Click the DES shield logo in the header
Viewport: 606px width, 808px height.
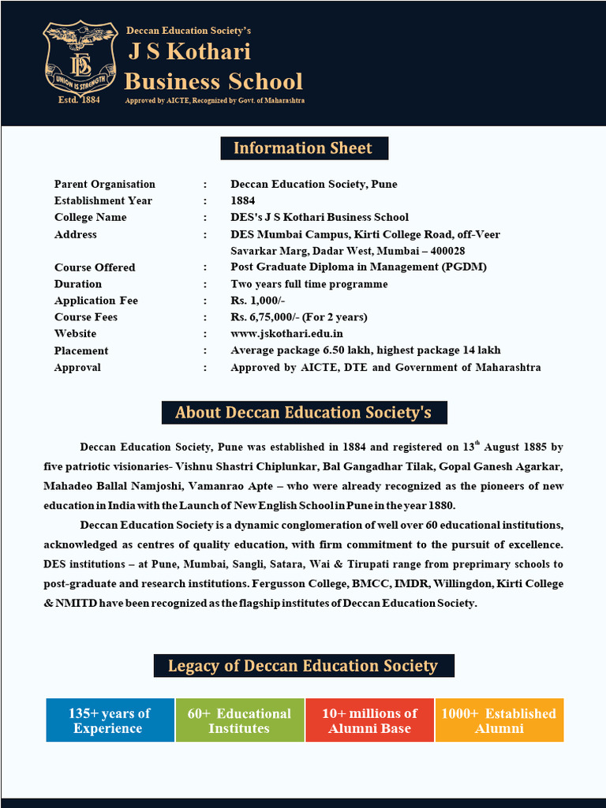point(80,59)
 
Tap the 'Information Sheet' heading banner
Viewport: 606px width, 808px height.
point(303,148)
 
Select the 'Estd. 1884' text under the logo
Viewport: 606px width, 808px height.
point(80,101)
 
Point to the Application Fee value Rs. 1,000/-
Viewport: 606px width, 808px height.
point(258,301)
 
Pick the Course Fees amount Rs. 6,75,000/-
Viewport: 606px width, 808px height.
point(299,317)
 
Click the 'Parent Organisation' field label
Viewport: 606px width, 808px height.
point(105,184)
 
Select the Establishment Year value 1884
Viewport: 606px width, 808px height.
point(243,200)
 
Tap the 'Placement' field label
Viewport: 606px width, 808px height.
point(81,350)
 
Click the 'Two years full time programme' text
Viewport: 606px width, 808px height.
point(309,284)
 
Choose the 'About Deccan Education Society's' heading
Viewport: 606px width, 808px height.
point(304,413)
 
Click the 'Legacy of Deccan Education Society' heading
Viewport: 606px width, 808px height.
point(303,666)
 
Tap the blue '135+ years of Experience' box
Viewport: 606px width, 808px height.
point(110,720)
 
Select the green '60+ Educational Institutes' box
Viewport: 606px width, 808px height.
point(239,720)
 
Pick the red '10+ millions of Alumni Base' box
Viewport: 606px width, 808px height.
point(369,720)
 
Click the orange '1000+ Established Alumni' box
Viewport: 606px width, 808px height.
point(499,720)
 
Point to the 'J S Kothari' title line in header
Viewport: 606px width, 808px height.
point(189,52)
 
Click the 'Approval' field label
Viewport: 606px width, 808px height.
point(77,368)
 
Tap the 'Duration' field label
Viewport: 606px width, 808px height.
point(78,284)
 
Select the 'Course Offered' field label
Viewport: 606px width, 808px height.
point(95,267)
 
